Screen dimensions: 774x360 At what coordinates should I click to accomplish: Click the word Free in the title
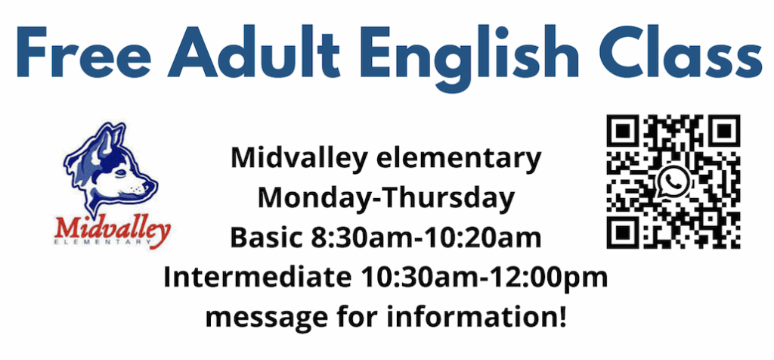84,52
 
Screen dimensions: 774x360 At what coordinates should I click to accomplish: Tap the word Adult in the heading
253,52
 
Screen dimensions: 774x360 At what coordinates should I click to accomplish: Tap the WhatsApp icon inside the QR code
672,182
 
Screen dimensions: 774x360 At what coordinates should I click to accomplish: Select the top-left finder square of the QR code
624,132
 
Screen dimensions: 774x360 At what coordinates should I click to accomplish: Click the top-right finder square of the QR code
723,132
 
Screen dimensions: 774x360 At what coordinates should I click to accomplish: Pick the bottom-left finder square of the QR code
624,231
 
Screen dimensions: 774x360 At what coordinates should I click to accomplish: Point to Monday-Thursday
386,198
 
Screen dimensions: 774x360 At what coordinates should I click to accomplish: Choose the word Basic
266,238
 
